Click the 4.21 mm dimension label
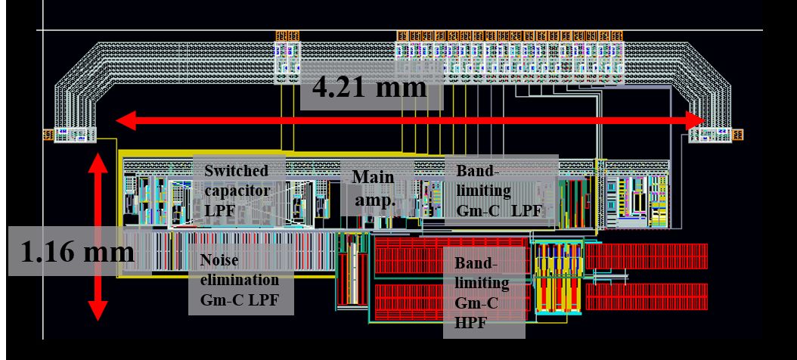click(x=370, y=87)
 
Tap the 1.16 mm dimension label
click(x=77, y=251)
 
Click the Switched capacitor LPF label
click(x=237, y=191)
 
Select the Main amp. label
click(x=374, y=188)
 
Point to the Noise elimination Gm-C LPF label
click(x=240, y=280)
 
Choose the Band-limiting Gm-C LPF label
click(x=499, y=191)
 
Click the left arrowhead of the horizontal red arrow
click(x=126, y=120)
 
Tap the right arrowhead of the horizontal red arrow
click(x=695, y=120)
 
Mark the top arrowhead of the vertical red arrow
click(x=98, y=163)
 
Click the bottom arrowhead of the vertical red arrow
click(x=98, y=311)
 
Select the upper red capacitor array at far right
click(x=647, y=256)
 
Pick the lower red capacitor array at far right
click(x=647, y=297)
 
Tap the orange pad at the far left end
click(x=48, y=135)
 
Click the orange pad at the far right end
click(x=738, y=135)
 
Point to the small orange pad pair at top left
click(x=287, y=36)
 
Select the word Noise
click(x=219, y=260)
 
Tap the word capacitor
click(x=237, y=191)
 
